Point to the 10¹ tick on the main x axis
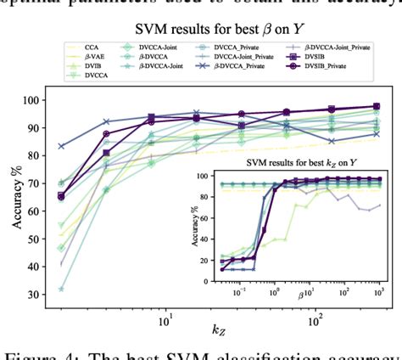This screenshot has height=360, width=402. tap(166, 322)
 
